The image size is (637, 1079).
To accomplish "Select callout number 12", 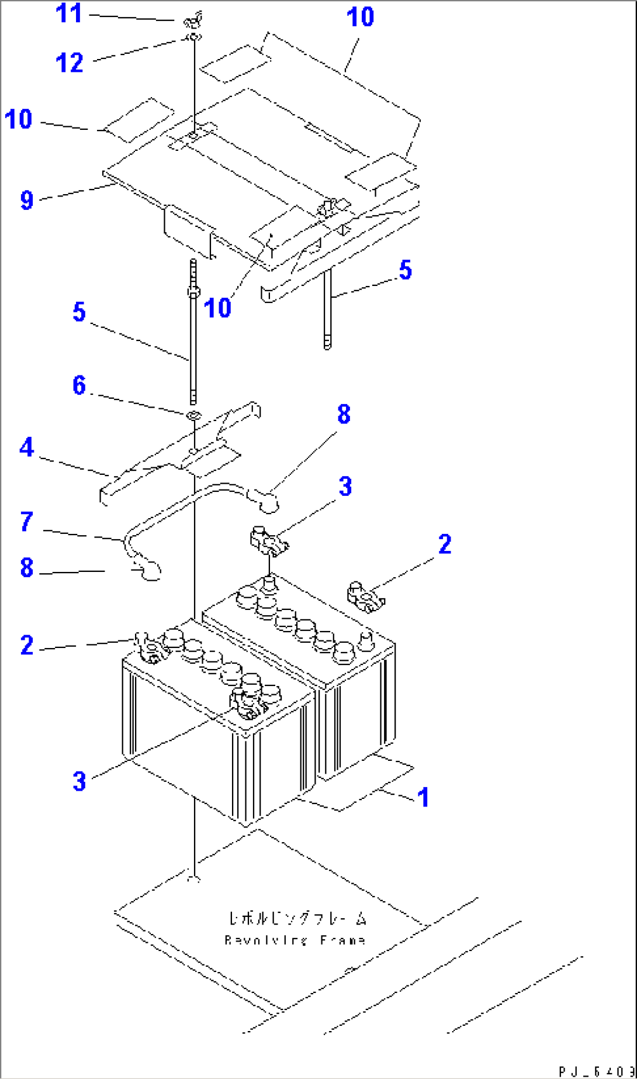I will (x=70, y=63).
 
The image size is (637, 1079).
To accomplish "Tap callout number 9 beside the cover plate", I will (x=27, y=200).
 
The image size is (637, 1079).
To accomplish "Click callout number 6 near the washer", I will (x=79, y=385).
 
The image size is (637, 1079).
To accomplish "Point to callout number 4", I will (x=27, y=448).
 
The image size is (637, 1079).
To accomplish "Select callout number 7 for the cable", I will (x=27, y=522).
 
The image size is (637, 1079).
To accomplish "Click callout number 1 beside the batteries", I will (x=423, y=797).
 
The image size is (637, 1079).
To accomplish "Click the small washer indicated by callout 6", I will (x=193, y=415).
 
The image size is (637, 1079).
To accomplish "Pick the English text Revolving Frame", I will (x=295, y=940).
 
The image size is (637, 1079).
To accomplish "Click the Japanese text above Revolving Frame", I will (x=297, y=919).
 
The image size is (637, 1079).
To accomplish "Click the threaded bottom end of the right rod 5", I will (x=327, y=342).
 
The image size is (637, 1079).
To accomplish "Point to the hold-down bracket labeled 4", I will (x=175, y=462).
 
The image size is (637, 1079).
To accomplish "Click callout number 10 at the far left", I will (x=18, y=119).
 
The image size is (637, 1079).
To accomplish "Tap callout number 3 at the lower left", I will (x=79, y=781).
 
